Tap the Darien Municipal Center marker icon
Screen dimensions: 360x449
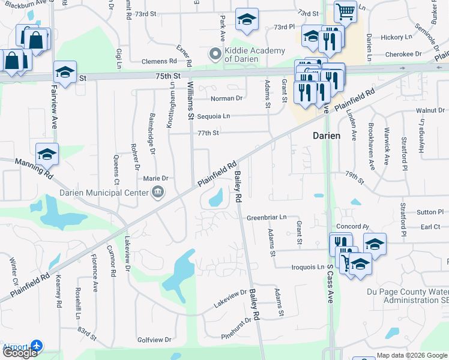158,193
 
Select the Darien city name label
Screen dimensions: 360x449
327,136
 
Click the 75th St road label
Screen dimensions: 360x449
169,77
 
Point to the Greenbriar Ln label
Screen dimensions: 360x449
267,217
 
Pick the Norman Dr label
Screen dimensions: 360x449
226,98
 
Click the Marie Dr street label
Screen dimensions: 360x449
155,178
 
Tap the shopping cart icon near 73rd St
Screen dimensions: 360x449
345,11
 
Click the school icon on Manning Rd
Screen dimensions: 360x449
47,154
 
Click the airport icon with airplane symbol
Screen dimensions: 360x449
37,346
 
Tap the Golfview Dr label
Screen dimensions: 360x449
154,340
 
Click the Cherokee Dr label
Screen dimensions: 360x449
400,54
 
